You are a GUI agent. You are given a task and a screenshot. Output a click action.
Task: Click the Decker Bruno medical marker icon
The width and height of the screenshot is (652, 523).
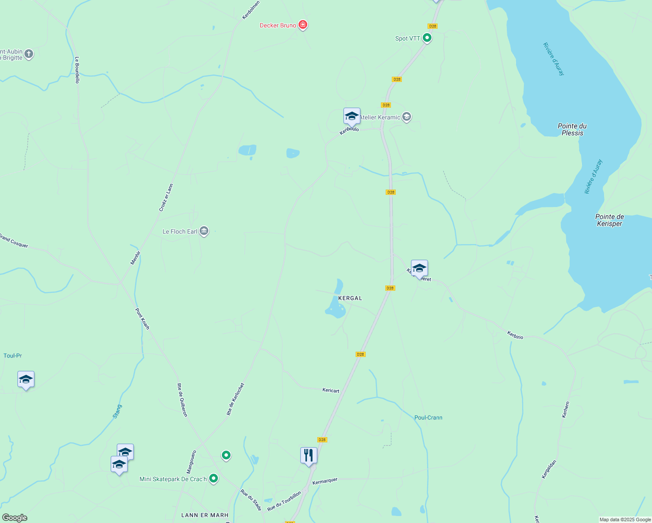(x=303, y=25)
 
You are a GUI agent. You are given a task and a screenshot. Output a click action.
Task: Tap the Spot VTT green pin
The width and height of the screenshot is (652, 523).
(x=427, y=38)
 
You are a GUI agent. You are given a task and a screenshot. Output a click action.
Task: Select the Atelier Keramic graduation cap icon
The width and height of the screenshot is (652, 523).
(x=407, y=117)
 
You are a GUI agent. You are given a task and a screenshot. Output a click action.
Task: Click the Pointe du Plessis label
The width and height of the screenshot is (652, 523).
(x=572, y=129)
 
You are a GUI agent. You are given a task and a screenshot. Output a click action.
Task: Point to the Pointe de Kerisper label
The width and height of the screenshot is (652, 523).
(x=609, y=220)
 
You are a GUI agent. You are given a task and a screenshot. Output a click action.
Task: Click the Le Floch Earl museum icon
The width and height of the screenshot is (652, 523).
(x=204, y=231)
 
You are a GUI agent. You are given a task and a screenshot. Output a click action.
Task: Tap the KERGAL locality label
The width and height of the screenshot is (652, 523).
(x=350, y=298)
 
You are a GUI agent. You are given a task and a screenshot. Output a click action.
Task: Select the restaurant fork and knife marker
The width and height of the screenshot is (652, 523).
(x=309, y=455)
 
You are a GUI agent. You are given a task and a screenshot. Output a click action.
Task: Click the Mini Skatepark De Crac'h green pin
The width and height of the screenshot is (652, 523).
(x=214, y=479)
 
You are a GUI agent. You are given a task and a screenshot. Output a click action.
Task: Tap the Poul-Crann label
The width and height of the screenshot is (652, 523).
(x=428, y=418)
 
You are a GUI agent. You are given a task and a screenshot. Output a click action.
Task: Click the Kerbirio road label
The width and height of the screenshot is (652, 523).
(x=515, y=335)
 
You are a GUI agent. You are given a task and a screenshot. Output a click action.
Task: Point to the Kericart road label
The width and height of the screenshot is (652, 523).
(x=331, y=391)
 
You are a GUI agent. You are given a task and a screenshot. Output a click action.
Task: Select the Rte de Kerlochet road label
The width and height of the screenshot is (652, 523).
(x=236, y=399)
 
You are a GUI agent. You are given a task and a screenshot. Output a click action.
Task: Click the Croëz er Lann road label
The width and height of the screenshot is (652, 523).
(x=166, y=198)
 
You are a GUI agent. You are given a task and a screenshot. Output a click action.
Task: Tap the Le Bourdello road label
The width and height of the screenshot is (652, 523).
(x=77, y=70)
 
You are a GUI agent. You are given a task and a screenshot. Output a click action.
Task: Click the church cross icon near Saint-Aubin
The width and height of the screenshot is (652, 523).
(x=29, y=54)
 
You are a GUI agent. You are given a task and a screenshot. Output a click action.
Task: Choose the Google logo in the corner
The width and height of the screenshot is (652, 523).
(x=14, y=518)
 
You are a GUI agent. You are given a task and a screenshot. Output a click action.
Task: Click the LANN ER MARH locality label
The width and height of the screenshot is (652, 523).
(x=205, y=515)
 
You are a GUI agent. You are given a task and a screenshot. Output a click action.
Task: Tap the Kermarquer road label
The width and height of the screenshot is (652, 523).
(x=325, y=480)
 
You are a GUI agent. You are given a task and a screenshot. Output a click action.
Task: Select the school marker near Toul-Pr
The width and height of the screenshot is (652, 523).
(x=26, y=380)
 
